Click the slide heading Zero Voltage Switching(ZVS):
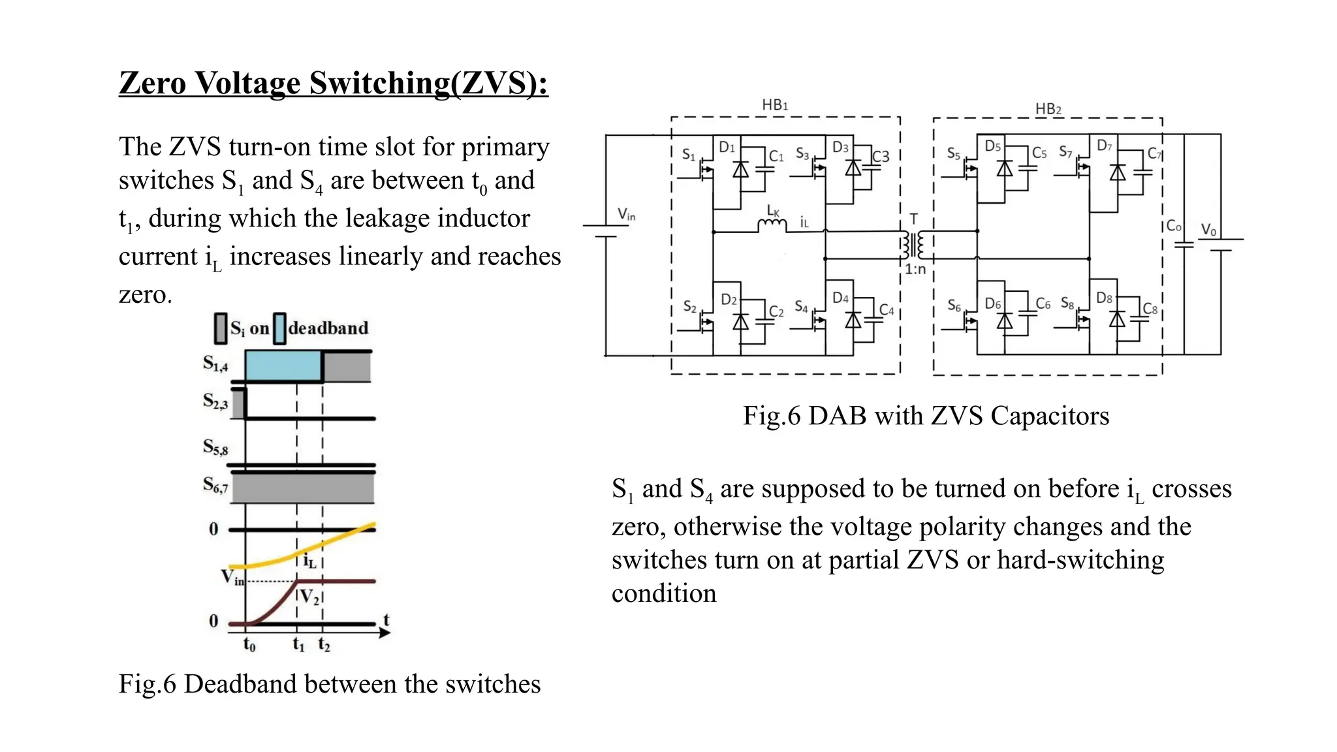pos(333,84)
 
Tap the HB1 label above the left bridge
pos(775,105)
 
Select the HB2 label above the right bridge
pos(1048,109)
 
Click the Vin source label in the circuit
pos(626,214)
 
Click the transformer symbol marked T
pos(913,244)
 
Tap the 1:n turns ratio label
pos(915,269)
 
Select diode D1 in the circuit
pos(740,169)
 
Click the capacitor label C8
pos(1150,309)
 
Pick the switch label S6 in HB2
pos(954,305)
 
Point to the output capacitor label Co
pos(1173,226)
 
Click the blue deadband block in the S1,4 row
pos(283,366)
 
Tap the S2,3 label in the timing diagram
pos(215,401)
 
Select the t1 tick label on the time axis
pos(298,645)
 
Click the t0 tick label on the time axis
pos(249,645)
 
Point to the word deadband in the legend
pos(328,328)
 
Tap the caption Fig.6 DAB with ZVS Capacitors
pos(925,416)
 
